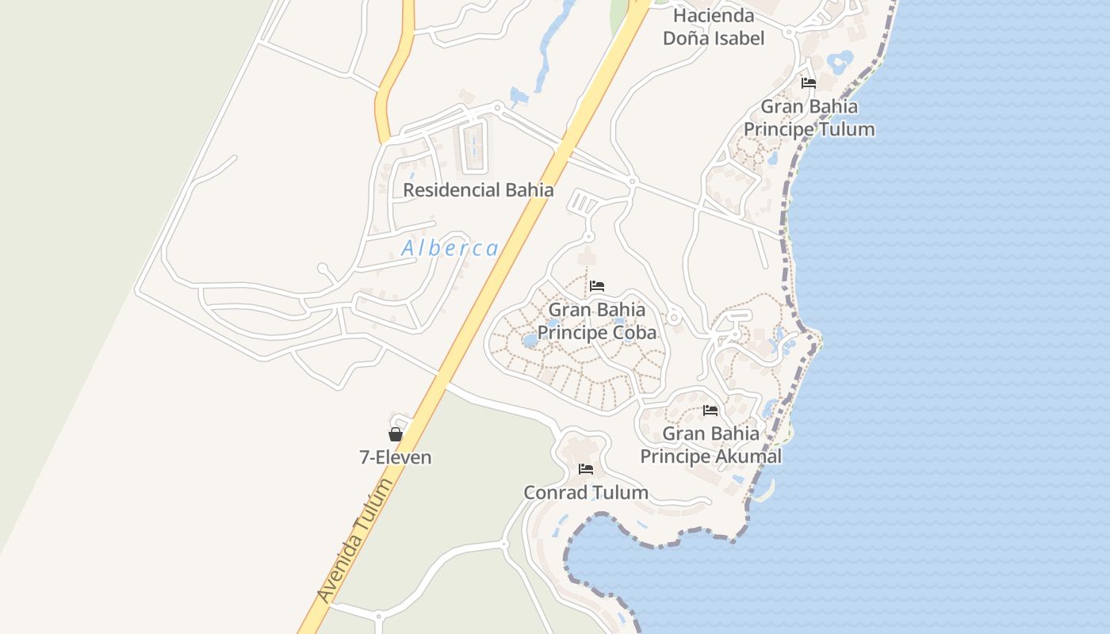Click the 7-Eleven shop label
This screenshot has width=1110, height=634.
click(395, 457)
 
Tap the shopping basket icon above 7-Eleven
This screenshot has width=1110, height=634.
click(396, 434)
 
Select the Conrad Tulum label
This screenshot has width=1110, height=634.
click(586, 492)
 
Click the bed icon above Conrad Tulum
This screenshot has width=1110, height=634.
click(586, 469)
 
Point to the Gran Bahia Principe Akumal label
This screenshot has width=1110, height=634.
click(710, 445)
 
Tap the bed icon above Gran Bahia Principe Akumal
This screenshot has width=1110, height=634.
click(710, 411)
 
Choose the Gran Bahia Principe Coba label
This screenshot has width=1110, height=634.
click(597, 321)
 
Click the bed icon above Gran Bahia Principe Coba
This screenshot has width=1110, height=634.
click(597, 286)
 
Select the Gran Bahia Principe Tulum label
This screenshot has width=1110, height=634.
click(809, 117)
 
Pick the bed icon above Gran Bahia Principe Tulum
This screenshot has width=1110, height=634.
click(809, 82)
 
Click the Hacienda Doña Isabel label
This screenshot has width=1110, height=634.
click(713, 26)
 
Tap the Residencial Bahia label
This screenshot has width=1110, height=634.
click(478, 190)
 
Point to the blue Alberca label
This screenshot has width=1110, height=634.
click(450, 248)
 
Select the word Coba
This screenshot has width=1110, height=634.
click(631, 332)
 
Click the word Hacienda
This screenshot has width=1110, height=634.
click(714, 15)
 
